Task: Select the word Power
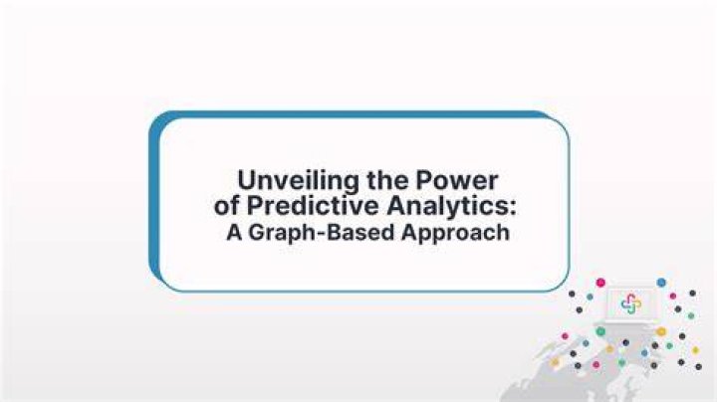click(x=456, y=180)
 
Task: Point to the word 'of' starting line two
click(x=226, y=206)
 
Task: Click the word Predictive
click(x=313, y=206)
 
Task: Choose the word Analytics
click(x=447, y=207)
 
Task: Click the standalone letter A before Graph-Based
click(x=234, y=232)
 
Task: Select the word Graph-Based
click(x=322, y=233)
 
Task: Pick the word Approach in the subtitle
click(x=455, y=233)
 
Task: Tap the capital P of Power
click(x=423, y=180)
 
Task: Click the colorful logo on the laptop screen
click(x=631, y=303)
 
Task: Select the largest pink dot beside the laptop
click(x=600, y=283)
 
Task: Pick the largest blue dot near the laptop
click(x=661, y=283)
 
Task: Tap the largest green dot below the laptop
click(x=600, y=331)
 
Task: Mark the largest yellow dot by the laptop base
click(x=661, y=331)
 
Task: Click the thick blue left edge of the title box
click(x=154, y=201)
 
